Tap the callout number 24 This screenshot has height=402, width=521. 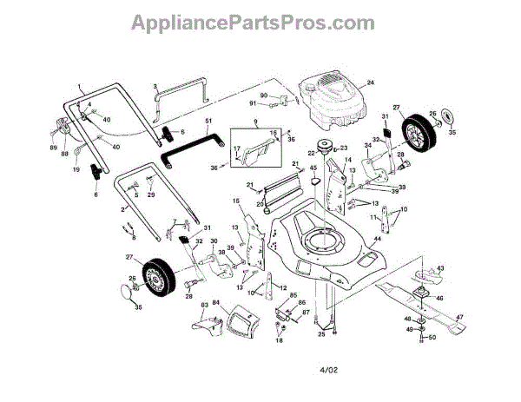pyautogui.click(x=369, y=83)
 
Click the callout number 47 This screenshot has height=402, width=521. pyautogui.click(x=460, y=318)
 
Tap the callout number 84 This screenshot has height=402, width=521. pyautogui.click(x=216, y=303)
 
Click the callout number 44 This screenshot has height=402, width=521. pyautogui.click(x=378, y=238)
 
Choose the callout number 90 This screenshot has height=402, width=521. pyautogui.click(x=263, y=95)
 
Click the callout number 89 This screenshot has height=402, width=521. pyautogui.click(x=53, y=148)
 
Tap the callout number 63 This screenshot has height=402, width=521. pyautogui.click(x=204, y=306)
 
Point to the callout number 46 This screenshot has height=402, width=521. pyautogui.click(x=439, y=298)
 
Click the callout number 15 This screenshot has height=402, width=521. pyautogui.click(x=235, y=201)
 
